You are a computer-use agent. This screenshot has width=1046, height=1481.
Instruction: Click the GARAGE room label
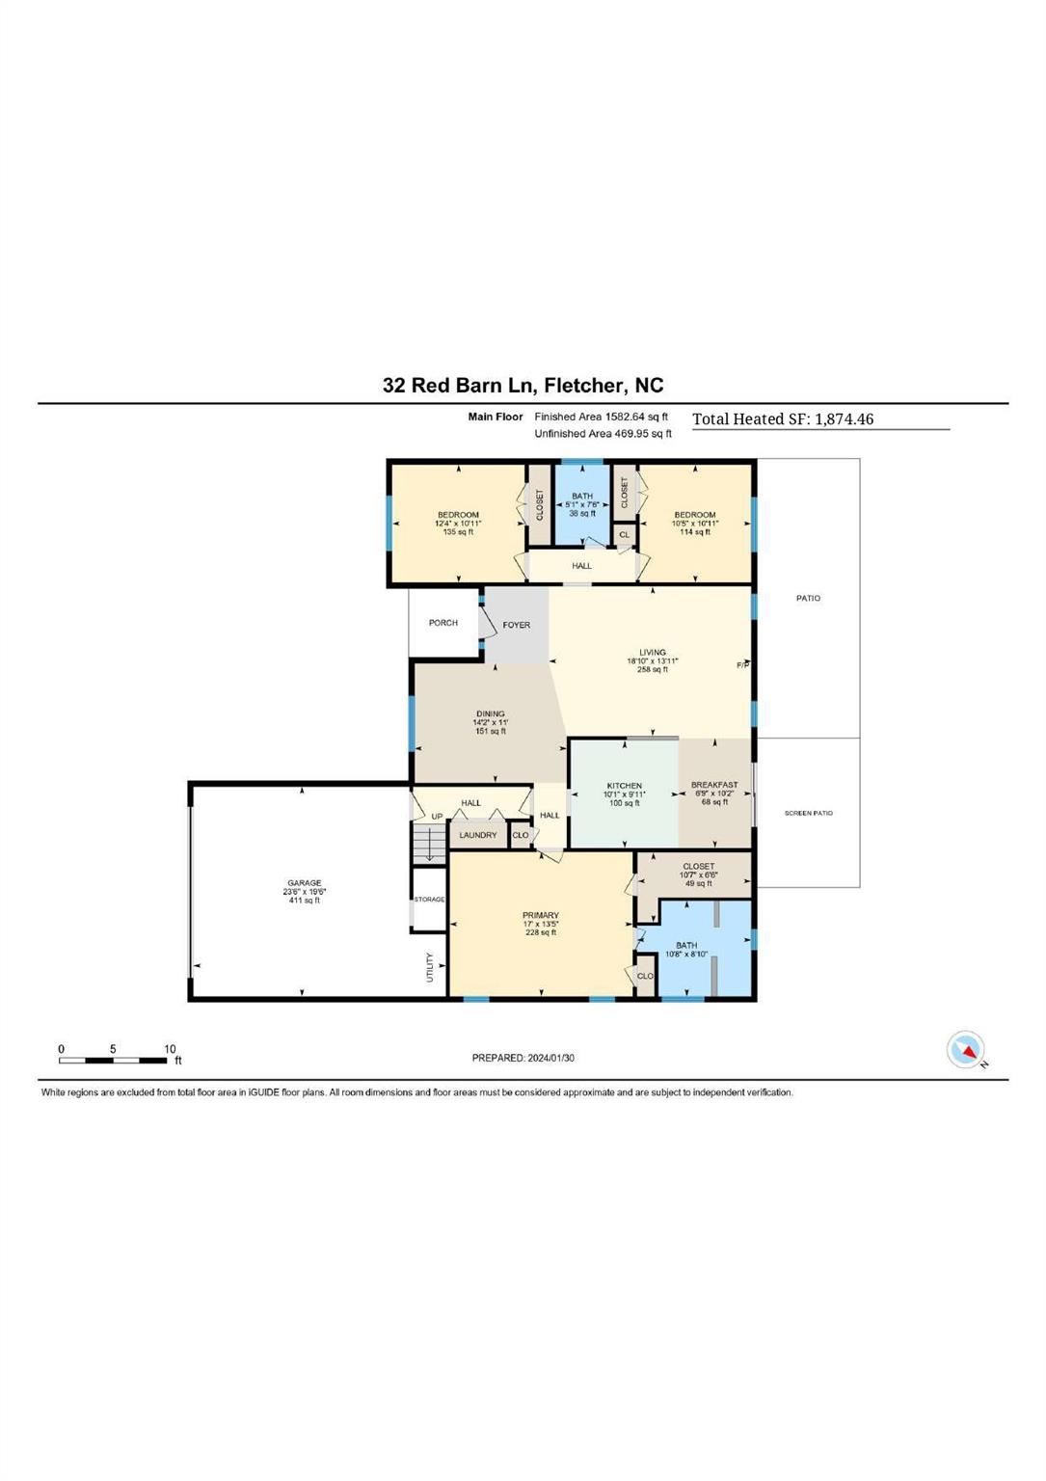pos(304,882)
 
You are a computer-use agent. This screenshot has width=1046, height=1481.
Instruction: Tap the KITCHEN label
pos(624,786)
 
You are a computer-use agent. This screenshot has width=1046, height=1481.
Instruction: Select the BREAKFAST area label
pos(714,785)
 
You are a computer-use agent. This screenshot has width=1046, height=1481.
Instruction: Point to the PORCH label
pos(443,623)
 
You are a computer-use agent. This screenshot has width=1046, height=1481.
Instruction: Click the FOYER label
pos(517,625)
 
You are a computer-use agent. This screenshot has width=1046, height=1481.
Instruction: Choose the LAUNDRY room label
pos(478,835)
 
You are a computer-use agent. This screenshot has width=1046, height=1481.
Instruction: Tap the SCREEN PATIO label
pos(808,813)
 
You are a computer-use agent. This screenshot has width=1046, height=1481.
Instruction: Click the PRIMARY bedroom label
pos(541,915)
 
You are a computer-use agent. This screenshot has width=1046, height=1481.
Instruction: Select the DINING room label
pos(490,714)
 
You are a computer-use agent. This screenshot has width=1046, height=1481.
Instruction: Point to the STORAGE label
pos(429,900)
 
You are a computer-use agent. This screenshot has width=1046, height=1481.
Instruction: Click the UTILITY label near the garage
pos(430,967)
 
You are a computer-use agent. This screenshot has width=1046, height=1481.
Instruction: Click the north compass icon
pos(966,1050)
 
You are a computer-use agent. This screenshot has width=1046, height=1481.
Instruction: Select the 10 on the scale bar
pos(170,1049)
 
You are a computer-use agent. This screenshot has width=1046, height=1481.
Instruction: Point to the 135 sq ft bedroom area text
pos(458,532)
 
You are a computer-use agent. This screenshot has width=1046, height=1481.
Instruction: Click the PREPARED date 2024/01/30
pos(550,1058)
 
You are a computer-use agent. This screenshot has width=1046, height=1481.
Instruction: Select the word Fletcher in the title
pos(583,386)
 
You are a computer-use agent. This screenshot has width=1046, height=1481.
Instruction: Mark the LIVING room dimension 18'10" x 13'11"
pos(653,661)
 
